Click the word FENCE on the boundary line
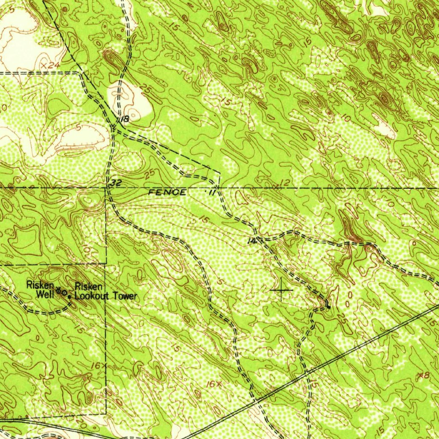[167, 192]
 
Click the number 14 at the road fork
[252, 241]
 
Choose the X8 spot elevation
[423, 375]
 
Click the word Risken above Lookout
[88, 286]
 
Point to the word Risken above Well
[40, 284]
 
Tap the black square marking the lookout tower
[69, 295]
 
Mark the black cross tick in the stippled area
[282, 291]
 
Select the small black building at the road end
[328, 306]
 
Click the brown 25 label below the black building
[342, 319]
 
